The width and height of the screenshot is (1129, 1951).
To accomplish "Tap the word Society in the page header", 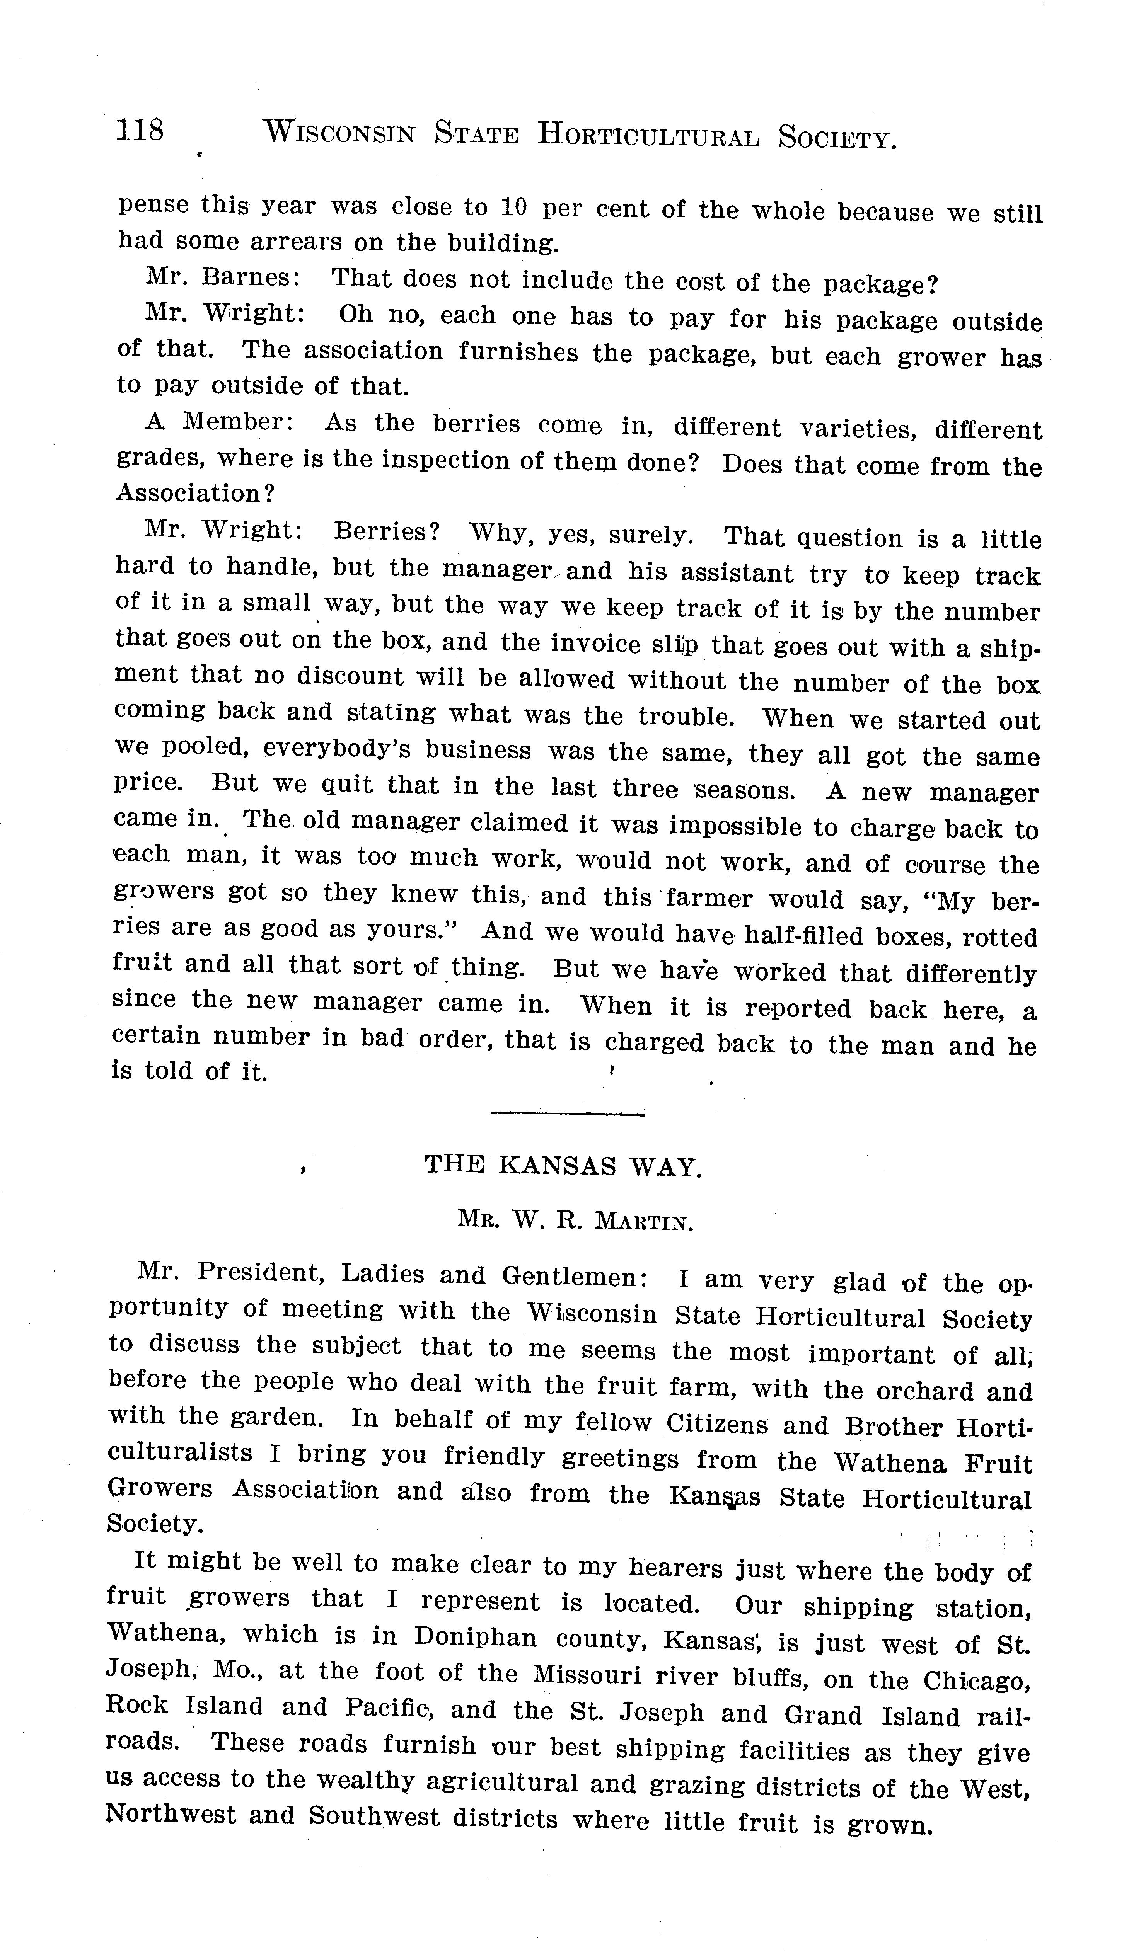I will (x=837, y=138).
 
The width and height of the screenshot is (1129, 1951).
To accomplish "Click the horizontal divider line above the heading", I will (x=568, y=1114).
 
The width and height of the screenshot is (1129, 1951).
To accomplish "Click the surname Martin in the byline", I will (x=642, y=1222).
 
